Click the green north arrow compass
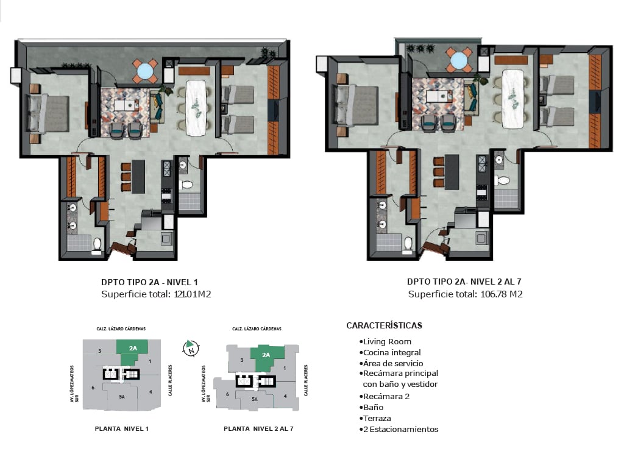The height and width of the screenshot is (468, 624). [x=191, y=348]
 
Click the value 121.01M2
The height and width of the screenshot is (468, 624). [x=193, y=294]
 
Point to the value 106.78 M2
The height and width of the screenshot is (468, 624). [x=502, y=294]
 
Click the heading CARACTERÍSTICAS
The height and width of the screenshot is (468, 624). [x=384, y=325]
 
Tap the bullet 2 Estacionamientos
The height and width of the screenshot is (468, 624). [x=399, y=430]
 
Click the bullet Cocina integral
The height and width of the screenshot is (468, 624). [x=390, y=353]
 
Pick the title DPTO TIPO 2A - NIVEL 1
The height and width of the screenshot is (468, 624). [x=149, y=282]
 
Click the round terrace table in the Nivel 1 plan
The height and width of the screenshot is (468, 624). [x=144, y=71]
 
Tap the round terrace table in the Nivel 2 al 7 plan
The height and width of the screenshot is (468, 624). [x=459, y=60]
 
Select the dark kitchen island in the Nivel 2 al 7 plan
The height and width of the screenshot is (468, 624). [x=452, y=172]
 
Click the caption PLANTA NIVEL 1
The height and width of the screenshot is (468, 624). [x=122, y=428]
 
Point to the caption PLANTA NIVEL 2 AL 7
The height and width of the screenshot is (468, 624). [x=258, y=428]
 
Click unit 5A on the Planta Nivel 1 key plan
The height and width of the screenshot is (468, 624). [x=122, y=397]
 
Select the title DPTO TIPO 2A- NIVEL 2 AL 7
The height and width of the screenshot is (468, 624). [x=464, y=282]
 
